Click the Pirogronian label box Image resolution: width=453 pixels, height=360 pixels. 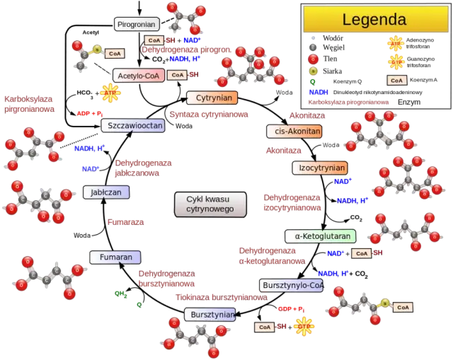pyautogui.click(x=137, y=24)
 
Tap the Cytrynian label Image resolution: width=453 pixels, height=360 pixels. pyautogui.click(x=211, y=98)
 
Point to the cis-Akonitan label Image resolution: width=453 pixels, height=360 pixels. pyautogui.click(x=294, y=131)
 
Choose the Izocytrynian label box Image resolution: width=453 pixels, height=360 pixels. pyautogui.click(x=320, y=168)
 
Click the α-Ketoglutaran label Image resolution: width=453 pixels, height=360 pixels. pyautogui.click(x=319, y=236)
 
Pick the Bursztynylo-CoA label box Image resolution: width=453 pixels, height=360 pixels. pyautogui.click(x=292, y=285)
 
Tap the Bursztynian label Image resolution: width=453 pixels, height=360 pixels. pyautogui.click(x=210, y=314)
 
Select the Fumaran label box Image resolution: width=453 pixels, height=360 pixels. pyautogui.click(x=115, y=257)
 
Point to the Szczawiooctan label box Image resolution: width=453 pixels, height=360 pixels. pyautogui.click(x=132, y=125)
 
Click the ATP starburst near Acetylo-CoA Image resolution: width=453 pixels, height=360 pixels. pyautogui.click(x=110, y=93)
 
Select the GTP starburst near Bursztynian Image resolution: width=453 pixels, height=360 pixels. pyautogui.click(x=304, y=326)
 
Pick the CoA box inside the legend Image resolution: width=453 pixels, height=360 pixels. pyautogui.click(x=397, y=80)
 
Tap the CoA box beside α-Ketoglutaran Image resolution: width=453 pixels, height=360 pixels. pyautogui.click(x=361, y=252)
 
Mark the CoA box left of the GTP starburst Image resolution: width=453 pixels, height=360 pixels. pyautogui.click(x=264, y=327)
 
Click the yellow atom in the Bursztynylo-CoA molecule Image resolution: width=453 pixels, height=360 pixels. pyautogui.click(x=384, y=303)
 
